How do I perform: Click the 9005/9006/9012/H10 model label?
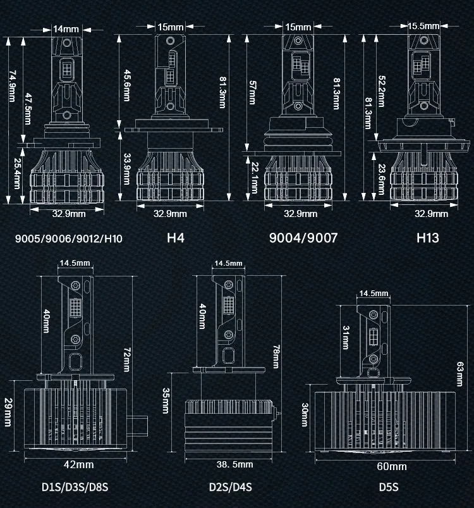[68, 239]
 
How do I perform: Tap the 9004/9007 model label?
[303, 239]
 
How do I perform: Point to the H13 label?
[428, 239]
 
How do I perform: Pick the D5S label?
[386, 488]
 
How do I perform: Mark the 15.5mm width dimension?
[423, 26]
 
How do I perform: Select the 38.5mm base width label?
[234, 464]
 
